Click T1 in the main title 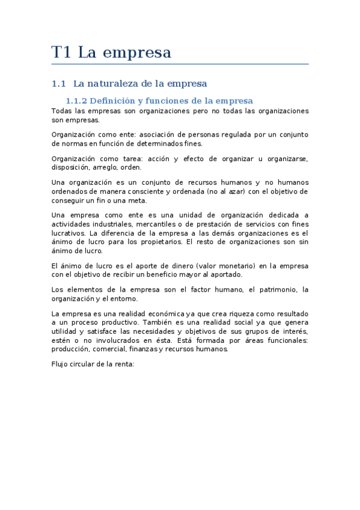tap(61, 53)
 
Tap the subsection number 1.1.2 tap(77, 100)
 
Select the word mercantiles tap(144, 224)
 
